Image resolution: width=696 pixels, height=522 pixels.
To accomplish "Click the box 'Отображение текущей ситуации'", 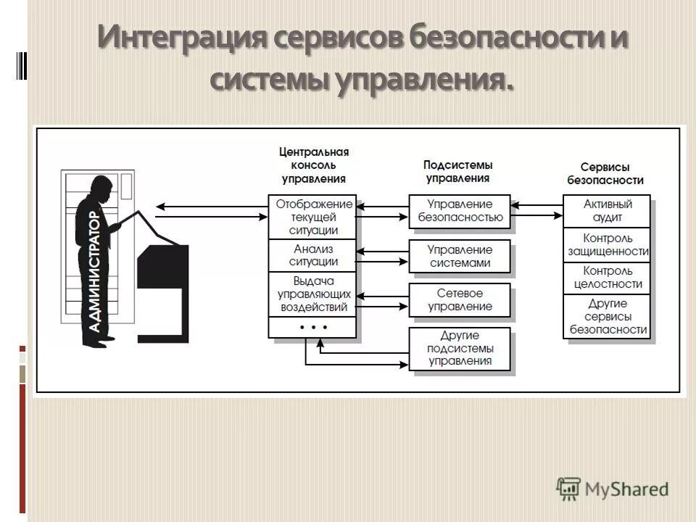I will [312, 217].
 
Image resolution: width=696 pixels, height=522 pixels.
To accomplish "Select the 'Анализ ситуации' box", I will [312, 255].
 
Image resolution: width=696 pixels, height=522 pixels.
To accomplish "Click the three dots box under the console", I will [312, 328].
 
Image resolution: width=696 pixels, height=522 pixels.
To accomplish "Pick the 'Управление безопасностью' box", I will [460, 210].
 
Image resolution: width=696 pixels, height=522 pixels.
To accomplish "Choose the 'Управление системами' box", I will [460, 256].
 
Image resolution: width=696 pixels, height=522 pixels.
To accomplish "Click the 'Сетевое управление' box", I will [460, 300].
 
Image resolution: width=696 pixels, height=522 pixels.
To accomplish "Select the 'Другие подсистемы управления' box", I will [460, 349].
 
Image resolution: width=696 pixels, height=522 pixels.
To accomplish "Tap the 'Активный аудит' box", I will [608, 211].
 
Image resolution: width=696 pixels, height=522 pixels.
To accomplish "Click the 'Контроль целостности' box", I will [608, 278].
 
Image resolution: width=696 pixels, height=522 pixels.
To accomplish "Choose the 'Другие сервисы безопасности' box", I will [608, 316].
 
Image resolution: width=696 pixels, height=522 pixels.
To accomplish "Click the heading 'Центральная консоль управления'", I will [314, 165].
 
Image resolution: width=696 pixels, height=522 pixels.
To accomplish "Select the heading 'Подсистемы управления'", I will [457, 171].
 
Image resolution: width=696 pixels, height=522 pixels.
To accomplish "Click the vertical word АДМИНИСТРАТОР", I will [94, 272].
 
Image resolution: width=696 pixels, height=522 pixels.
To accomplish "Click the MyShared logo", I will [613, 488].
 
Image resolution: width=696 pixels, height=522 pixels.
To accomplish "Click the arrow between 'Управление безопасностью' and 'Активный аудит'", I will [537, 215].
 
